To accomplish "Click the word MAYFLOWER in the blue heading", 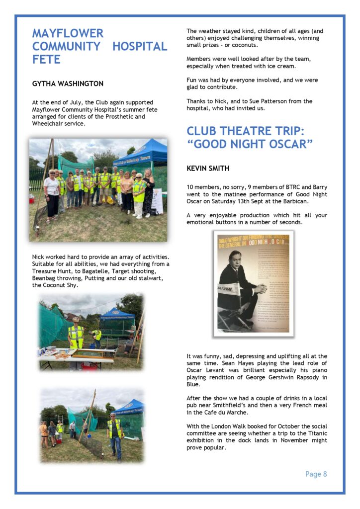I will [x=68, y=33].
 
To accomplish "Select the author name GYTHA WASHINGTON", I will [x=68, y=84].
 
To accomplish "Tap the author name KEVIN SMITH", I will [x=208, y=169].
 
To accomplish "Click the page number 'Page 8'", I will [x=316, y=474].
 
